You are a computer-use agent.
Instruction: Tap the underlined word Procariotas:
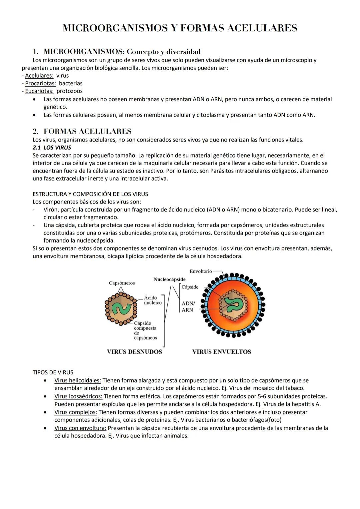(x=40, y=83)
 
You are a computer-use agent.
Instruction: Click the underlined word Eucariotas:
(x=39, y=91)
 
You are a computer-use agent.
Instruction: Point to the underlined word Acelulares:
(x=39, y=76)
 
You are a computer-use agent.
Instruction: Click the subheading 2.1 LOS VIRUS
(x=52, y=147)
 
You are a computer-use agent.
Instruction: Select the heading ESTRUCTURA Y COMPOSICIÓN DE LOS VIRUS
(x=90, y=194)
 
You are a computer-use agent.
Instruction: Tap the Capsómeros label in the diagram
(x=122, y=283)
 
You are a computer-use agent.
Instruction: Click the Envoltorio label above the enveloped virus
(x=200, y=271)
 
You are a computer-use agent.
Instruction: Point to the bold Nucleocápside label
(x=169, y=279)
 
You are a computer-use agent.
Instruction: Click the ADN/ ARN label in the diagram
(x=188, y=306)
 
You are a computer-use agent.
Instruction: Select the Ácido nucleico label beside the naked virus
(x=152, y=300)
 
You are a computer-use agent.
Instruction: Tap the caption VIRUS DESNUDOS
(x=134, y=352)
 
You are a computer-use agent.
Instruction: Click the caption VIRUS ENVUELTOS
(x=221, y=352)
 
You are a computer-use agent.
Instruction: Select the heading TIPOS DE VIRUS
(x=53, y=372)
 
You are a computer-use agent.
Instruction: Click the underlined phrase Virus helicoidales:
(x=77, y=380)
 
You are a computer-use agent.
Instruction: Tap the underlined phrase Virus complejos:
(x=75, y=412)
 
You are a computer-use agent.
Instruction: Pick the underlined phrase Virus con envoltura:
(x=80, y=428)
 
